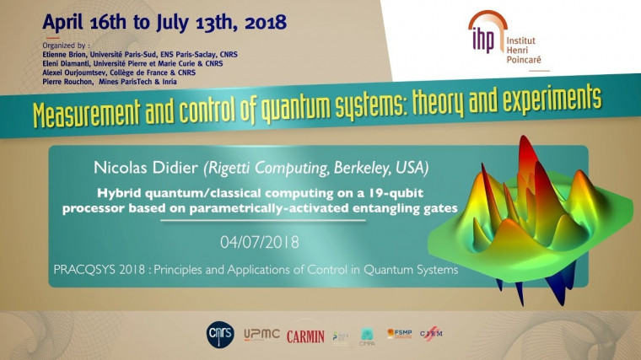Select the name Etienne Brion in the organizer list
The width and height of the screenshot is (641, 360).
coord(67,53)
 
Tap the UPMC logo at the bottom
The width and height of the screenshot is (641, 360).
coord(261,335)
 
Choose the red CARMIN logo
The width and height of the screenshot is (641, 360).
coord(305,336)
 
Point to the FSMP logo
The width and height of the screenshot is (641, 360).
coord(400,334)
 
